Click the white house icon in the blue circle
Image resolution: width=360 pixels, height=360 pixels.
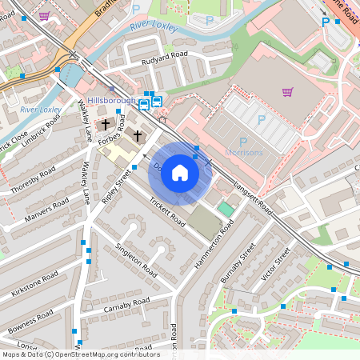(x=180, y=173)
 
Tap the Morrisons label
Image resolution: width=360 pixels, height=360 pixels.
(x=245, y=152)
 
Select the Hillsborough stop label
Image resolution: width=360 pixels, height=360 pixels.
(x=112, y=101)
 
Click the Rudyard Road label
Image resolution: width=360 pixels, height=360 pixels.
(x=164, y=58)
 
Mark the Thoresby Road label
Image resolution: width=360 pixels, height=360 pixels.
(x=33, y=180)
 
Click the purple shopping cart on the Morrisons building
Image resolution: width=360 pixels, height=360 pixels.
(x=287, y=91)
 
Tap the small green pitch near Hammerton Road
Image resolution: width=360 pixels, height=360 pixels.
(x=226, y=209)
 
